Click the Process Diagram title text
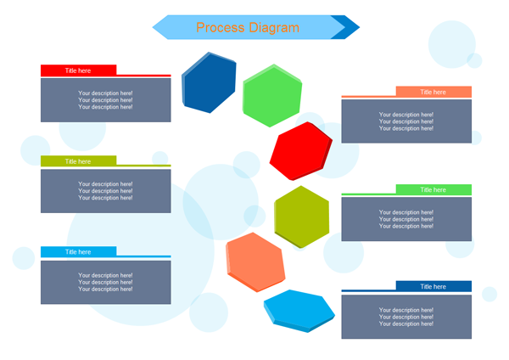coord(247,27)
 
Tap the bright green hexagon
coord(272,95)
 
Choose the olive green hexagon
coord(302,216)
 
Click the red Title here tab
coord(78,70)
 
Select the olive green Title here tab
coord(78,161)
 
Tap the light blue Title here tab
coord(78,252)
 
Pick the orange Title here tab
coord(433,92)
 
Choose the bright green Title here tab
coord(433,189)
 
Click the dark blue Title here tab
coord(433,287)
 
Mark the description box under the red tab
coord(105,100)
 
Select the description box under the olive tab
coord(105,191)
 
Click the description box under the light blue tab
coord(105,282)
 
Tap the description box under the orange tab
coord(406,121)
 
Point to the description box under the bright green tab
coord(406,219)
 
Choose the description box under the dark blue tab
coord(406,317)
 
